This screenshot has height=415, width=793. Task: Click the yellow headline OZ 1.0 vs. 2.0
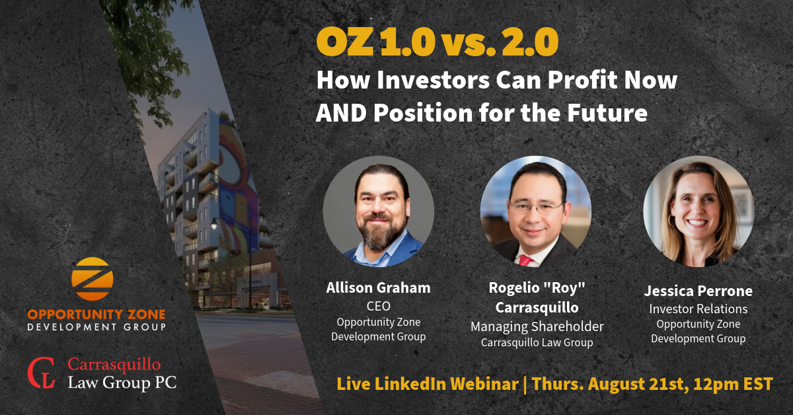click(x=437, y=42)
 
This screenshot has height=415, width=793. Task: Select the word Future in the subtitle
click(x=607, y=112)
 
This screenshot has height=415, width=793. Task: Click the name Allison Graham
click(x=378, y=288)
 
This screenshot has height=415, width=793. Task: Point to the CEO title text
click(x=379, y=306)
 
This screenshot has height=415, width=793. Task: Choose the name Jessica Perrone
click(x=698, y=291)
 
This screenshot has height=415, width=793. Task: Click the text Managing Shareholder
click(x=537, y=326)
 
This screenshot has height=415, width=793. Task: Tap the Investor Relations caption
click(x=698, y=309)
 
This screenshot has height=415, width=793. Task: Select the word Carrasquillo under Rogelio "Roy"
click(x=537, y=307)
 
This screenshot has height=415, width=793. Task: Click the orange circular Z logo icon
click(x=93, y=279)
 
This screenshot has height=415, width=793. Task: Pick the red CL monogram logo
click(x=42, y=373)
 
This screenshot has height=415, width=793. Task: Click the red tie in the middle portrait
click(x=526, y=260)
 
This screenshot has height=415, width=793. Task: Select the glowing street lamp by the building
click(x=213, y=224)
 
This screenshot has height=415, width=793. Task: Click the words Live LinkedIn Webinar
click(x=428, y=384)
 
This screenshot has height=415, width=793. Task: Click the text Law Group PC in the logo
click(x=122, y=383)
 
